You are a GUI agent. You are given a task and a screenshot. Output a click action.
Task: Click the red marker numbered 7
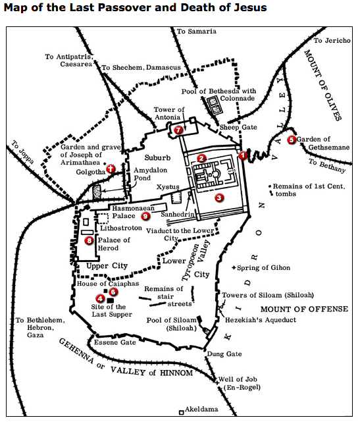(x=179, y=130)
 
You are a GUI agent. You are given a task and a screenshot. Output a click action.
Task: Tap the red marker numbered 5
(x=292, y=139)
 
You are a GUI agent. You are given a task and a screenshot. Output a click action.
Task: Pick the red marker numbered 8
(x=90, y=241)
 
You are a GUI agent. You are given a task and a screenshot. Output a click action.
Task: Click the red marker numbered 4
(x=100, y=298)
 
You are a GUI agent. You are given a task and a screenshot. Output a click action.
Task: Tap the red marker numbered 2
(x=202, y=157)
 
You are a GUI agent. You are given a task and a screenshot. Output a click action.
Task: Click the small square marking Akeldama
(x=181, y=413)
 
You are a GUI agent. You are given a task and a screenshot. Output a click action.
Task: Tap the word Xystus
(x=167, y=188)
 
